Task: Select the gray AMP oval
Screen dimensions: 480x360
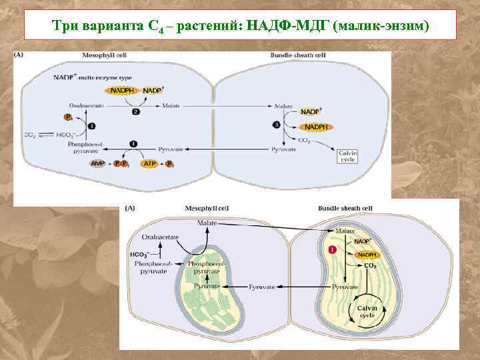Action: point(97,163)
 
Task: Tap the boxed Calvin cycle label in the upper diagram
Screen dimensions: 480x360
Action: point(349,157)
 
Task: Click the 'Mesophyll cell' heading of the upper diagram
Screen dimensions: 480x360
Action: point(104,55)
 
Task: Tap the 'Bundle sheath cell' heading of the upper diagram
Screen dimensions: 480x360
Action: point(297,55)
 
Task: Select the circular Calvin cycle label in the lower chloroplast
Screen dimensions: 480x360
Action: point(367,311)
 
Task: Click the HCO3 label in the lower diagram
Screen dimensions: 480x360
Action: point(138,254)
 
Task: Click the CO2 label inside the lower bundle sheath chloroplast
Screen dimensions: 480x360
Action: point(370,265)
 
